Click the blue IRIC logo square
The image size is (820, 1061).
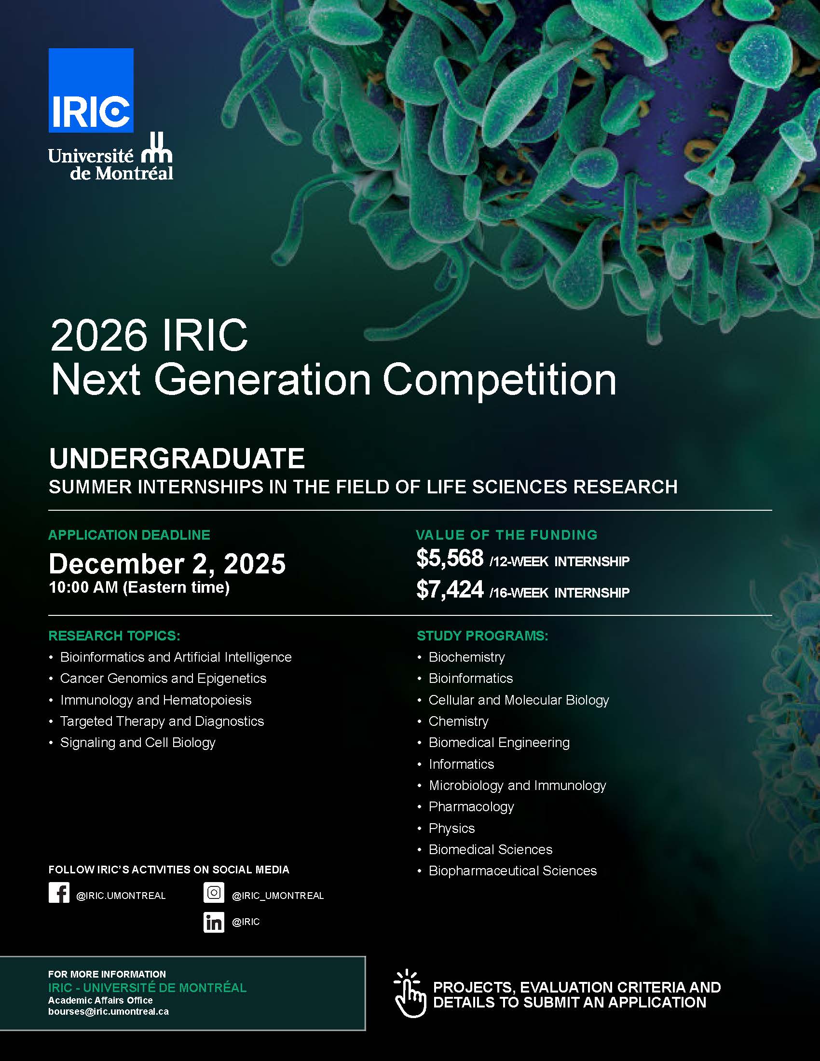pos(91,90)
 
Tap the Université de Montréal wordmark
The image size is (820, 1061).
pos(111,157)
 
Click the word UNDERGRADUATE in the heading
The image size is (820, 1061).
pos(177,458)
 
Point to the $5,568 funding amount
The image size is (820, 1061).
pos(450,558)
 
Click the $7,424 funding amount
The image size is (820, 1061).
pos(450,589)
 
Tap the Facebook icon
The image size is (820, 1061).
pos(59,893)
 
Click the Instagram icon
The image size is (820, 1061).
pos(214,893)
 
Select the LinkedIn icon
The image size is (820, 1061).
pos(214,922)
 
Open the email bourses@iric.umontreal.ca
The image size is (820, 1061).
pos(109,1011)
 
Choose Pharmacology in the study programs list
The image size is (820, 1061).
pos(471,807)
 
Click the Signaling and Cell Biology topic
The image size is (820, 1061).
pos(137,743)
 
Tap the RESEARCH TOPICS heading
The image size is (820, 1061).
pos(114,636)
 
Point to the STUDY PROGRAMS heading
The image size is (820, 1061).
pos(482,636)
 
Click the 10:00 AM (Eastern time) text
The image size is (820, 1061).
pos(139,587)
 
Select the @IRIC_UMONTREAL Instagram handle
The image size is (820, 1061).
pos(278,896)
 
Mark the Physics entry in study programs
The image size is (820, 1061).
pos(451,828)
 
